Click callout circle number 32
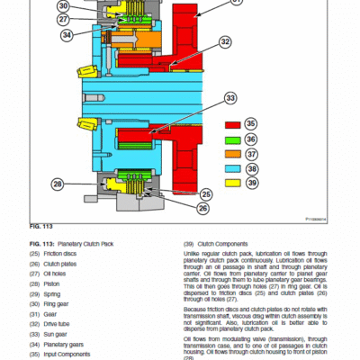click(224, 41)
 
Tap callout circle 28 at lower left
click(58, 184)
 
